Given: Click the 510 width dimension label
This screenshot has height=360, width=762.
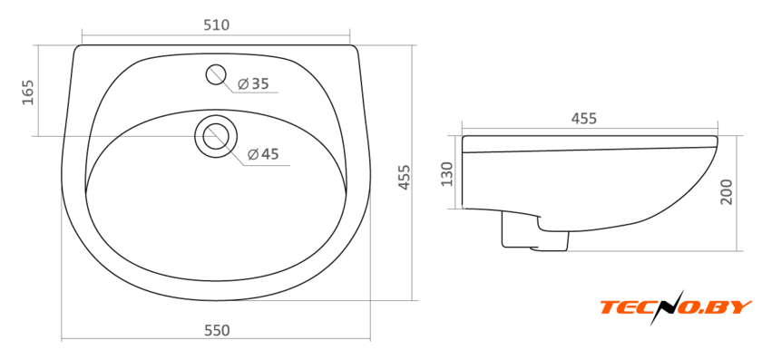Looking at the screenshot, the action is point(216,25).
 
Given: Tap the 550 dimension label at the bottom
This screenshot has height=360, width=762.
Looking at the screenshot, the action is point(217,330).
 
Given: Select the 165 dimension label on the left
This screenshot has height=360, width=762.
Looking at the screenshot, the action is point(28,92).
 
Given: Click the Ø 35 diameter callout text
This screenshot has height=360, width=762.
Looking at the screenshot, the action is point(253,84).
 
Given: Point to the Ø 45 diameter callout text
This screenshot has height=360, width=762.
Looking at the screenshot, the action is point(263,154).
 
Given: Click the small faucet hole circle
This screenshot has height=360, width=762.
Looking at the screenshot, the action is point(216,75).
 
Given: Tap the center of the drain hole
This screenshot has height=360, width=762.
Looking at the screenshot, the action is point(216,136).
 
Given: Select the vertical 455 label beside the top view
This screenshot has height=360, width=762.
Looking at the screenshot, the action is point(405,178).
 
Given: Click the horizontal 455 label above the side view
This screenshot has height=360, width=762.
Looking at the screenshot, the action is point(583,119).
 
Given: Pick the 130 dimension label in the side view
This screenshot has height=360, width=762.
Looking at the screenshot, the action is point(446,174).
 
